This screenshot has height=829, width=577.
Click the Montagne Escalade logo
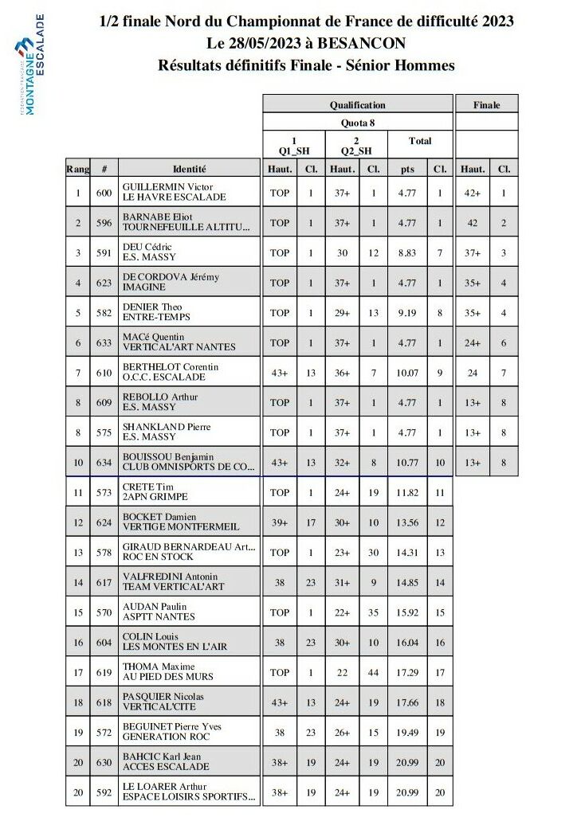[31, 65]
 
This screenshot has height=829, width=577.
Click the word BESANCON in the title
[369, 43]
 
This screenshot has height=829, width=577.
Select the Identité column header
[190, 169]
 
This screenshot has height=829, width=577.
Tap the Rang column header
[78, 169]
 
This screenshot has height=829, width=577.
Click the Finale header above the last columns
[487, 104]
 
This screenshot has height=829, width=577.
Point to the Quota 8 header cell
[357, 122]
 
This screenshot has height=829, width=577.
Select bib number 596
[104, 223]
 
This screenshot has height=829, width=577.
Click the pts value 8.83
[408, 252]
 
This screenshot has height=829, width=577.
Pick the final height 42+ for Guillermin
[473, 193]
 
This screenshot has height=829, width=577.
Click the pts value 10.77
[408, 463]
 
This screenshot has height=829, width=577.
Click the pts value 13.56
[408, 522]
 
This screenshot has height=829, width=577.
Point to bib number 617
[104, 582]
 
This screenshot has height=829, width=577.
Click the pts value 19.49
[408, 732]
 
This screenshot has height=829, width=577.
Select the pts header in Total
[408, 169]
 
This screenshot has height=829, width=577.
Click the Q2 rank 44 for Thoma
[373, 672]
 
